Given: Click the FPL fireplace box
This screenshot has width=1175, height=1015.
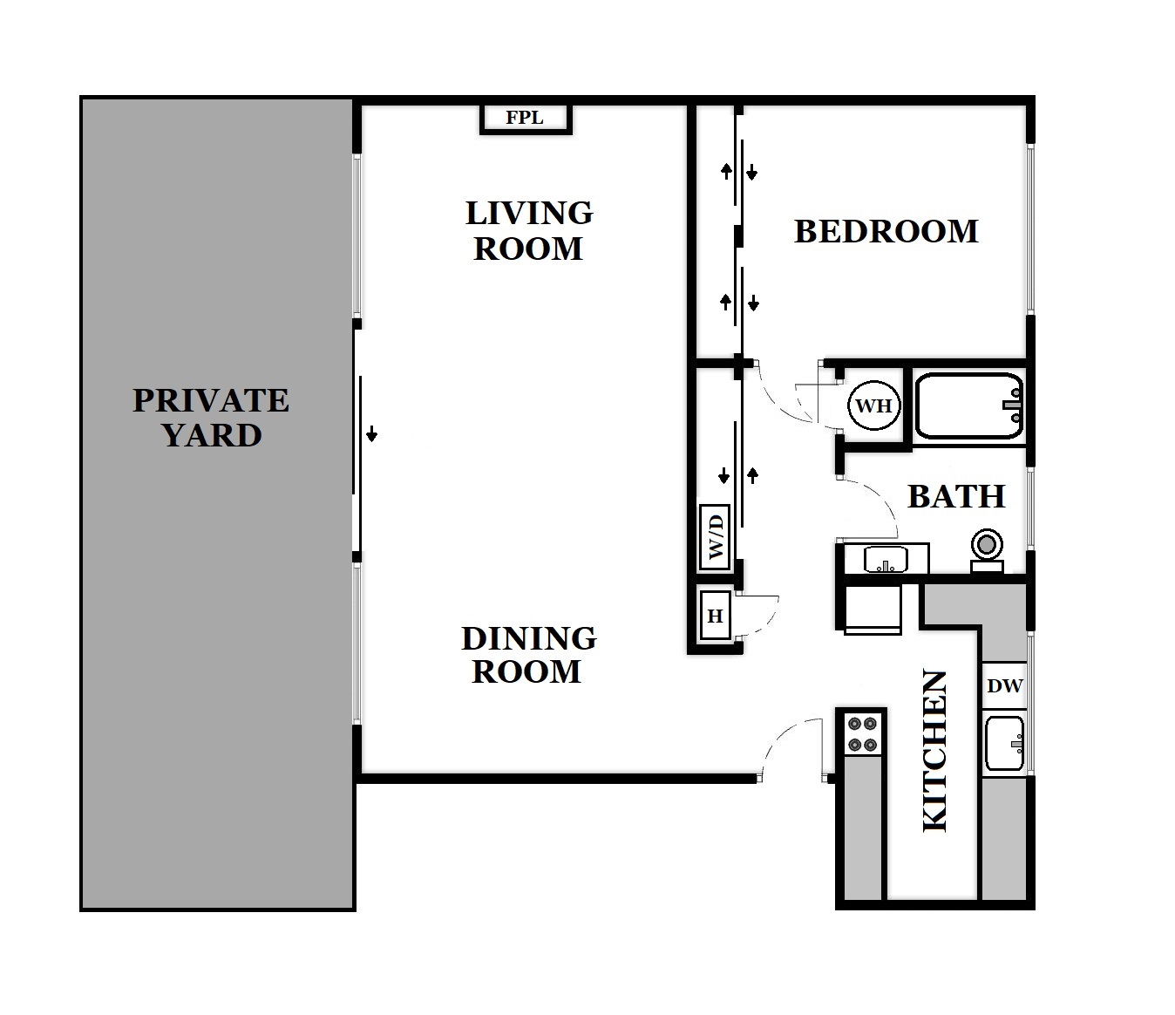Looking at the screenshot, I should [526, 118].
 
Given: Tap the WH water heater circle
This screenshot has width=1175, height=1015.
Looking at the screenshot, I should [873, 406].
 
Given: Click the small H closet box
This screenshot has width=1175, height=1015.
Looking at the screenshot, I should [716, 616].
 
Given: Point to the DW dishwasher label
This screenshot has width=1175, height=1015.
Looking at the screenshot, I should [1004, 686].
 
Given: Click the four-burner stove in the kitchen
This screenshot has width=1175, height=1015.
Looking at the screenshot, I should [863, 733].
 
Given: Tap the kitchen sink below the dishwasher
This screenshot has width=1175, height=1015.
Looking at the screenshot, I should [1005, 743].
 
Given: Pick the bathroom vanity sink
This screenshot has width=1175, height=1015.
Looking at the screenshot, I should [885, 559].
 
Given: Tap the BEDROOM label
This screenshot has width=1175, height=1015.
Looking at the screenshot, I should [886, 232].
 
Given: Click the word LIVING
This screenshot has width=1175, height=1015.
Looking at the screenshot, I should [529, 213].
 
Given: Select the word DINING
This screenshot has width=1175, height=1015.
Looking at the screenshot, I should [528, 638].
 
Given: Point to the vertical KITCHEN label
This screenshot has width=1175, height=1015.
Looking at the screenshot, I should [934, 751].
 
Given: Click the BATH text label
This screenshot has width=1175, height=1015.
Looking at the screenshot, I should [956, 497].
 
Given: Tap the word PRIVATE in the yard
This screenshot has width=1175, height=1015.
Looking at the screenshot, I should [210, 400].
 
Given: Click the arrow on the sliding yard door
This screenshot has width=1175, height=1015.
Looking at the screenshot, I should [372, 433].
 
